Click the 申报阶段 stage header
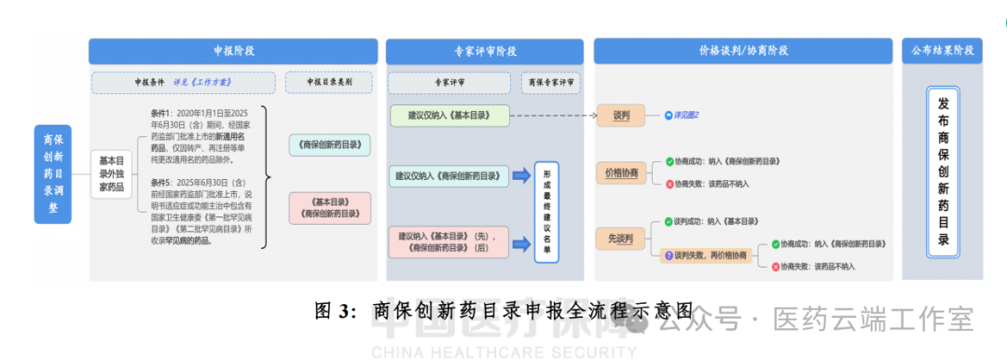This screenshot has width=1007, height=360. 233,51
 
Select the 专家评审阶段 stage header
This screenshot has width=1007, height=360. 486,51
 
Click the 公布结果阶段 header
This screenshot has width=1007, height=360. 942,51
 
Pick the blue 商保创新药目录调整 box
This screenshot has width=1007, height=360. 52,173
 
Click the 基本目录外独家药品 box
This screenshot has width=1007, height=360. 111,173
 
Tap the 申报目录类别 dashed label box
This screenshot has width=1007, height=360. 330,82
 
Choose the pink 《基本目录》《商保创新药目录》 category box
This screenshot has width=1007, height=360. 330,208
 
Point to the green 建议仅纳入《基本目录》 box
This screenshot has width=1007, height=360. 449,117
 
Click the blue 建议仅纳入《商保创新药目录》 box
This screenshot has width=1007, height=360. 451,175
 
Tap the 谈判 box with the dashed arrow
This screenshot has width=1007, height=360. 622,117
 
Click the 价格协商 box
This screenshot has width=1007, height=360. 622,173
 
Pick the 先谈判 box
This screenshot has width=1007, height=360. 622,239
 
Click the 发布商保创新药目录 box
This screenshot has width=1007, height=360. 943,173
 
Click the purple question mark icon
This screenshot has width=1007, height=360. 668,255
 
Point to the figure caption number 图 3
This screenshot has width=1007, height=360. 335,312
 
